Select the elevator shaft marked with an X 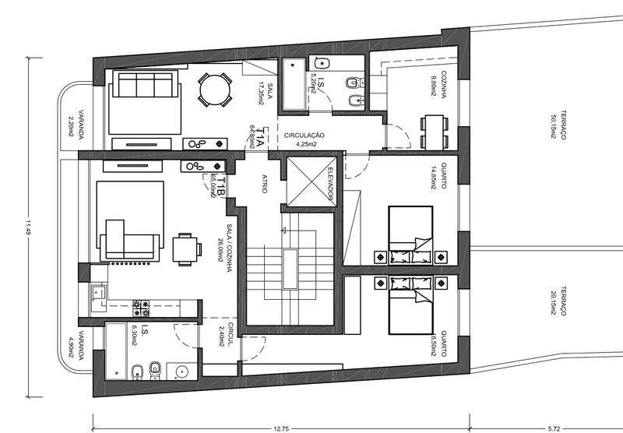coord(311,182)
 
